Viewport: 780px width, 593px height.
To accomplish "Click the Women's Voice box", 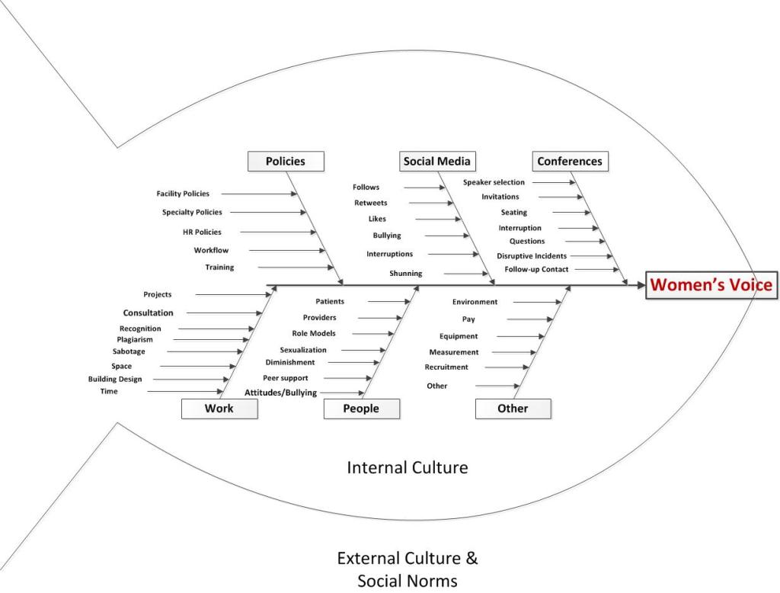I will click(711, 285).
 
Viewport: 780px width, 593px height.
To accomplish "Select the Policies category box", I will click(286, 161).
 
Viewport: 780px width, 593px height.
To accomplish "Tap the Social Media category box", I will click(437, 161).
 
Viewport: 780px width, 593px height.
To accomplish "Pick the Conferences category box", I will click(570, 161).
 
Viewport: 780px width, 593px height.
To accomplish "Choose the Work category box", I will click(219, 409).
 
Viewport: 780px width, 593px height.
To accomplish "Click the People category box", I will click(361, 409).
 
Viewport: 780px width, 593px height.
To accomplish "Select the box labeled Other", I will click(513, 409).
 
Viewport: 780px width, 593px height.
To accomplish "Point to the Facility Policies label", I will click(183, 194).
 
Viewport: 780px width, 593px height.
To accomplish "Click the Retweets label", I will click(371, 203).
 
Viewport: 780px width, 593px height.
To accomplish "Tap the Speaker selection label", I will click(494, 182).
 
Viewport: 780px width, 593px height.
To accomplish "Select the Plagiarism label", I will click(135, 339).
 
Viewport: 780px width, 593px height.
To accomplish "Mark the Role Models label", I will click(314, 333).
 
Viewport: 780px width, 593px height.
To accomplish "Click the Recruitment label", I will click(446, 367).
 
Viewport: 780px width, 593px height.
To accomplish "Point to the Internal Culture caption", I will click(408, 467).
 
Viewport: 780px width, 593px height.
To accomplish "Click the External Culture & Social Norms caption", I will click(408, 569).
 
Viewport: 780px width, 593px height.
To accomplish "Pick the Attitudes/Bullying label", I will click(280, 393).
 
